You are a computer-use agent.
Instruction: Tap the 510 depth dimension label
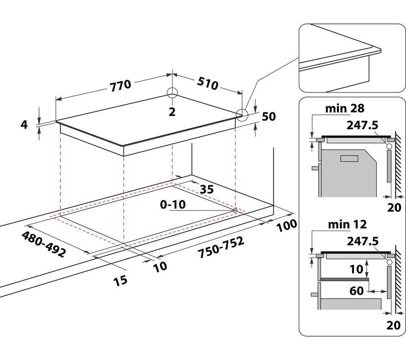207,83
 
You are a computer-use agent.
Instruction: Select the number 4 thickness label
24,125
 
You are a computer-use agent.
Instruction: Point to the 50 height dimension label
269,116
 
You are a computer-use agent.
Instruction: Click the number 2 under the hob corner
172,112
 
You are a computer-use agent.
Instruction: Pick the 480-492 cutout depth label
43,244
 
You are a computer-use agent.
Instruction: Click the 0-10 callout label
173,205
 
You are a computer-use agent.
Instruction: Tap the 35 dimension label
207,190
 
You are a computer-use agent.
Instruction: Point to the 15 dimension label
121,280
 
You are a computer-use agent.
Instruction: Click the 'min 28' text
345,108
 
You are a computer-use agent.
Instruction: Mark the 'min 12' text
347,224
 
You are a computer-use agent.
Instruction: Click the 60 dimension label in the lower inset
356,291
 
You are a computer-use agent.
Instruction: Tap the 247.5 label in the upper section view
362,125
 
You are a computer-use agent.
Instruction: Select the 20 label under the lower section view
393,326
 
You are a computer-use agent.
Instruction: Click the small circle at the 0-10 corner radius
235,210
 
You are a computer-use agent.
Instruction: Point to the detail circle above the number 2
172,93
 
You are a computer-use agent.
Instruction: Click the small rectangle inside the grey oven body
349,158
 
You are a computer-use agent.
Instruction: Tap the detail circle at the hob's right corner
242,114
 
